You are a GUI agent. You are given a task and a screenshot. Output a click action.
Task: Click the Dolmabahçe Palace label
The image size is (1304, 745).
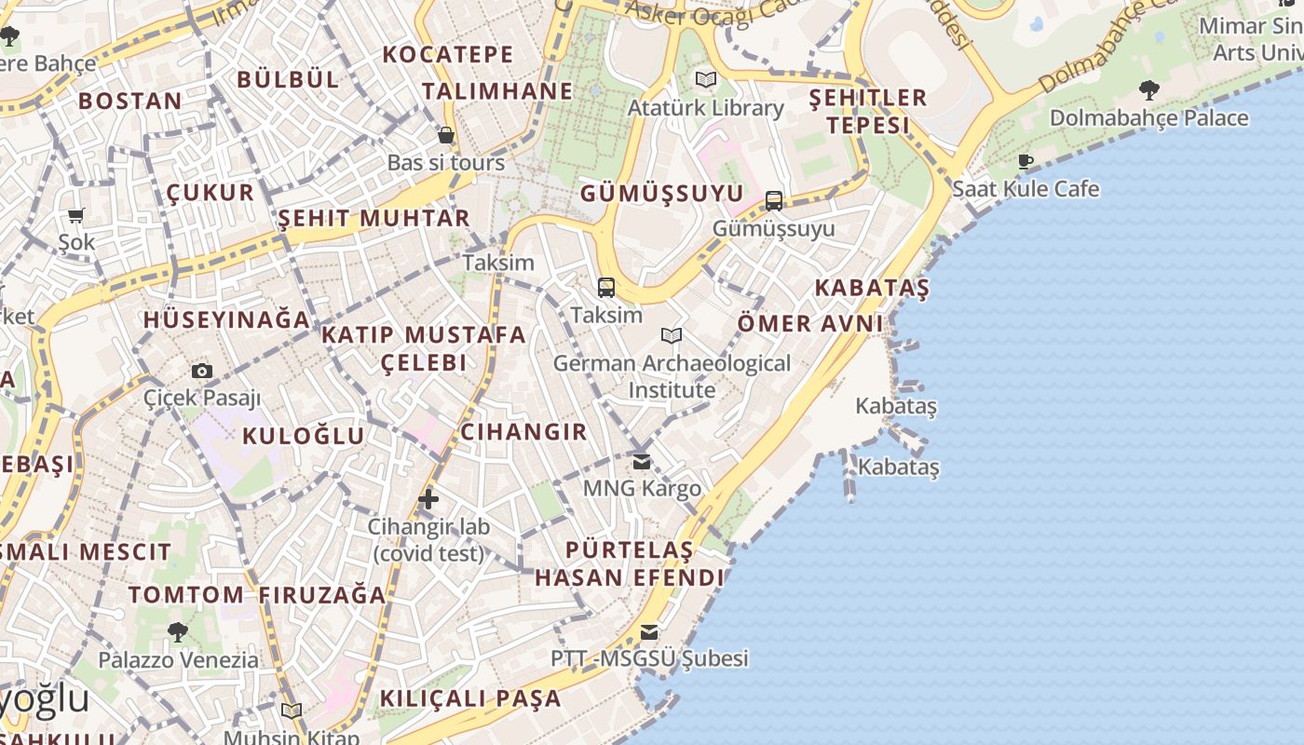[1148, 118]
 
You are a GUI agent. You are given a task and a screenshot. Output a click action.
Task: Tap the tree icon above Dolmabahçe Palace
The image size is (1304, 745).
[1149, 90]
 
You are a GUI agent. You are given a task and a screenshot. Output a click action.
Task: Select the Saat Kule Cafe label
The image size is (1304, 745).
[1026, 189]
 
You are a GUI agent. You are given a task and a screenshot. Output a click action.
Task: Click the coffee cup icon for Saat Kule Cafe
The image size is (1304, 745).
[1026, 161]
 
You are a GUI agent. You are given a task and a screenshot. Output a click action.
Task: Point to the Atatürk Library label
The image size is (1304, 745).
[705, 108]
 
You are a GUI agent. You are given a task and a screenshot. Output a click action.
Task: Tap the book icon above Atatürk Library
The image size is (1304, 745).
[706, 80]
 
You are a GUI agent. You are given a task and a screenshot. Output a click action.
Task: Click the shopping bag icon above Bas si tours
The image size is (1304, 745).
[446, 135]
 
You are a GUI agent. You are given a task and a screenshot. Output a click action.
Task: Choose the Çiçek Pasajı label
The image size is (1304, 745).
[202, 398]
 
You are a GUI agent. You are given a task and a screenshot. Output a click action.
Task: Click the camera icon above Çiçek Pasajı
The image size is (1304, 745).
[202, 372]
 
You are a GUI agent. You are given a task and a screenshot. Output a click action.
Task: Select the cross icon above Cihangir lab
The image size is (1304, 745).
[428, 499]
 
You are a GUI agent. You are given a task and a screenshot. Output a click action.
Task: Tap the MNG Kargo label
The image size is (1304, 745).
[642, 488]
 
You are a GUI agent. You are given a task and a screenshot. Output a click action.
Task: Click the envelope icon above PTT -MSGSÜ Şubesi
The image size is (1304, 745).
[649, 632]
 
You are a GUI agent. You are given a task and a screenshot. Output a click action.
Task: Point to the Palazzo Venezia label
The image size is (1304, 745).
[179, 660]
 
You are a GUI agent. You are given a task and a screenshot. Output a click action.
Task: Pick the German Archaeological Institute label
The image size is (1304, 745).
[672, 376]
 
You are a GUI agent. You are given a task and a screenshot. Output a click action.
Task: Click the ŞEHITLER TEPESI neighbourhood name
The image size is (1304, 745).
[868, 111]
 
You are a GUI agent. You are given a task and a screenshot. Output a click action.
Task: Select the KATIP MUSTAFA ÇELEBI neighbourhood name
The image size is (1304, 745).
[424, 347]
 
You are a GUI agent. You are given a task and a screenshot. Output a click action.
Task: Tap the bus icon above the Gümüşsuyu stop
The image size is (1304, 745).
[774, 200]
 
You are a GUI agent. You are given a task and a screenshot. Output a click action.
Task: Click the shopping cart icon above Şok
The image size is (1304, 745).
[76, 215]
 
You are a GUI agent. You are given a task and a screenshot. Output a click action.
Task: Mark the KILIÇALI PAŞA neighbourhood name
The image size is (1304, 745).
[470, 698]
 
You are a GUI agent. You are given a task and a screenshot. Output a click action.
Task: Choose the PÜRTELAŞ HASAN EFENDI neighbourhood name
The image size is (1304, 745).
[629, 563]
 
